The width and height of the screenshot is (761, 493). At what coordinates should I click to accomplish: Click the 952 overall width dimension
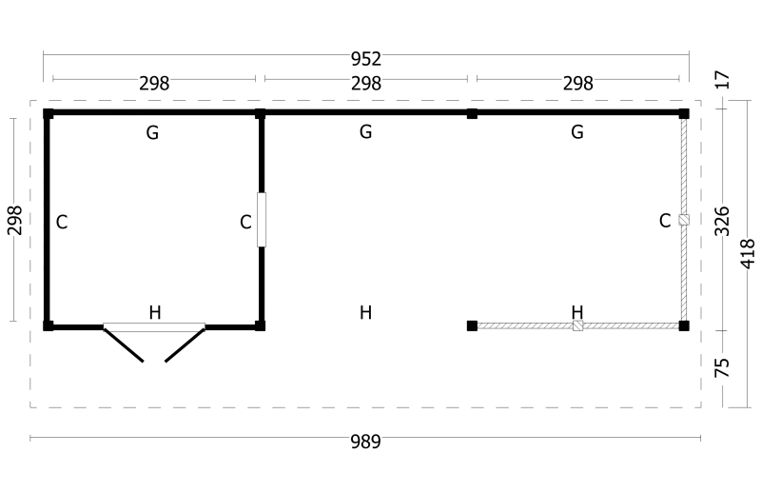(x=366, y=59)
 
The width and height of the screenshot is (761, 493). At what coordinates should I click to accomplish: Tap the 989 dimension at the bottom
(x=365, y=442)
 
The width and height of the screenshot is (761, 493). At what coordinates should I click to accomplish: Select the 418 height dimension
(x=748, y=253)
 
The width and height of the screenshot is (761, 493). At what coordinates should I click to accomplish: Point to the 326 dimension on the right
(x=722, y=221)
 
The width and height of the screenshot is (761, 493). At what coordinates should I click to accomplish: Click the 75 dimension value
(x=722, y=367)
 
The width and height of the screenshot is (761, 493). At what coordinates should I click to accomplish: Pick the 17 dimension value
(x=722, y=80)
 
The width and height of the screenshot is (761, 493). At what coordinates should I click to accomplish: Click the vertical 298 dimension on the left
(x=14, y=220)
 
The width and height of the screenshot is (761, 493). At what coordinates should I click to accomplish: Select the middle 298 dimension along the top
(x=366, y=84)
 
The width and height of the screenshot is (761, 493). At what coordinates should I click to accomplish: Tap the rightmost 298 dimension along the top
(x=577, y=84)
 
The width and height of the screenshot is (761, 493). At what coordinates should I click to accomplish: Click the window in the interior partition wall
(x=262, y=220)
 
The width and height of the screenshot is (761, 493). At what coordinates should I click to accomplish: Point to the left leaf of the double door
(x=124, y=345)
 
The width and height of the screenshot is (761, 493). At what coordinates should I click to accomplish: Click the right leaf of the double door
(x=185, y=345)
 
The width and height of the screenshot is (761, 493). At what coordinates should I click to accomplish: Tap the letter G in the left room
(x=152, y=132)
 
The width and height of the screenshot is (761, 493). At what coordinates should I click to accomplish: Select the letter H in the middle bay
(x=366, y=312)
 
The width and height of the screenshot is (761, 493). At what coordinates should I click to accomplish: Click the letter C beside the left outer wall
(x=62, y=222)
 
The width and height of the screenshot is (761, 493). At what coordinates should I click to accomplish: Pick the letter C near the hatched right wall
(x=665, y=221)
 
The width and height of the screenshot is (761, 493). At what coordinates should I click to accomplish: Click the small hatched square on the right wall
(x=684, y=220)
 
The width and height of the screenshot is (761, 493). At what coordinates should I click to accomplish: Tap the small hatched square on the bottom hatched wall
(x=577, y=325)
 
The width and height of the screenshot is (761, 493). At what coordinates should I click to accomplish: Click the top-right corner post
(x=684, y=113)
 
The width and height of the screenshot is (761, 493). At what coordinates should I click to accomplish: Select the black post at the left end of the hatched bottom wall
(x=472, y=325)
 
